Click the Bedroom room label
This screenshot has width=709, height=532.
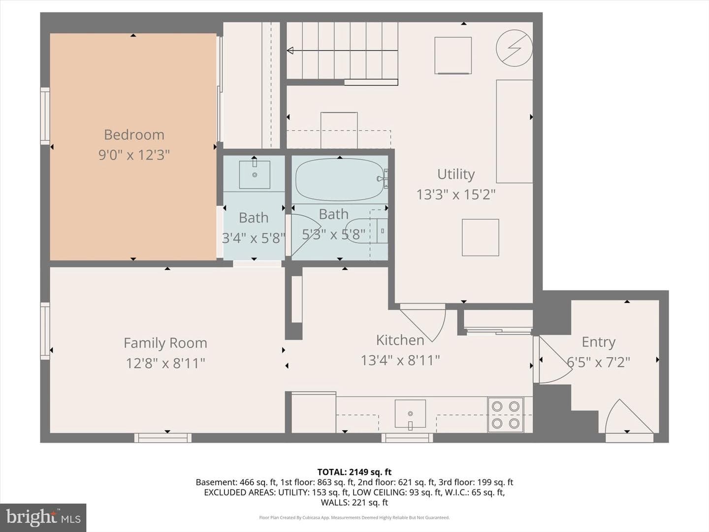click(134, 135)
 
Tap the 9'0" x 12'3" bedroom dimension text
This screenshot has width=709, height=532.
click(134, 155)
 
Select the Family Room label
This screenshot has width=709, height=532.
click(165, 343)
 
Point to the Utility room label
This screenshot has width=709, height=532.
click(456, 174)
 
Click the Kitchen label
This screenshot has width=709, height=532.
click(400, 340)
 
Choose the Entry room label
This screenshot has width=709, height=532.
click(599, 342)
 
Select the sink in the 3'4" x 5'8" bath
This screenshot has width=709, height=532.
click(255, 174)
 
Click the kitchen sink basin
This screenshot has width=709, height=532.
click(410, 414)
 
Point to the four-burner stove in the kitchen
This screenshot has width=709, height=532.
click(506, 415)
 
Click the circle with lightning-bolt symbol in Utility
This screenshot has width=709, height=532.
click(514, 48)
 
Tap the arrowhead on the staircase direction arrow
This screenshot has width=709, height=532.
click(290, 50)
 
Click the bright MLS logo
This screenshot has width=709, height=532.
click(43, 518)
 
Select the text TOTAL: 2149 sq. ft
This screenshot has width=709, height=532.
click(354, 472)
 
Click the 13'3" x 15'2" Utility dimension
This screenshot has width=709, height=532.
click(456, 195)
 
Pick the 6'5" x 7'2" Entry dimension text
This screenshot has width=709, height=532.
click(599, 362)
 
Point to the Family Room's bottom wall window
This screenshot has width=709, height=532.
click(163, 438)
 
